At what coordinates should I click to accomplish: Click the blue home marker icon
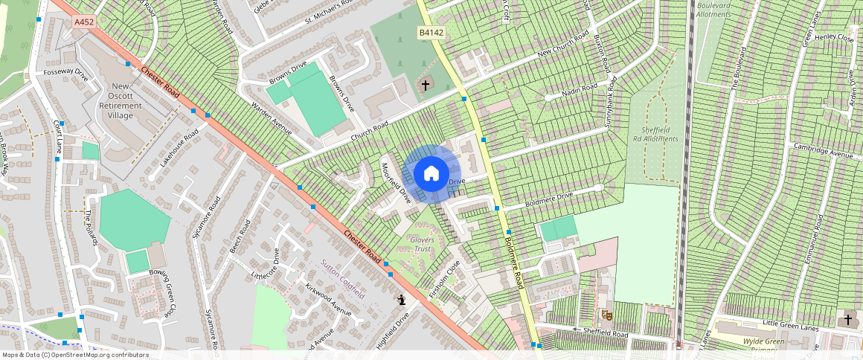(431, 174)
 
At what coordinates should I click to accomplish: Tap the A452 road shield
(84, 23)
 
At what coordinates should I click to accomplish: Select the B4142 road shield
(430, 33)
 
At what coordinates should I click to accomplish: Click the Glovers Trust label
(422, 245)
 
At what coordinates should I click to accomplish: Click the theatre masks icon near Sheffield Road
(607, 315)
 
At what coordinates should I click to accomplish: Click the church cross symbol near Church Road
(426, 86)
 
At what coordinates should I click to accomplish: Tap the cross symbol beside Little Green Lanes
(847, 320)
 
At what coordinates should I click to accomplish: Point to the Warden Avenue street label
(271, 120)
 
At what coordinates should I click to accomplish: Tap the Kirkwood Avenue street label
(327, 302)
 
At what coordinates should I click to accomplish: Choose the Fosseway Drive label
(65, 74)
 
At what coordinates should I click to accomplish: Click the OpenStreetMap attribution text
(75, 355)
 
